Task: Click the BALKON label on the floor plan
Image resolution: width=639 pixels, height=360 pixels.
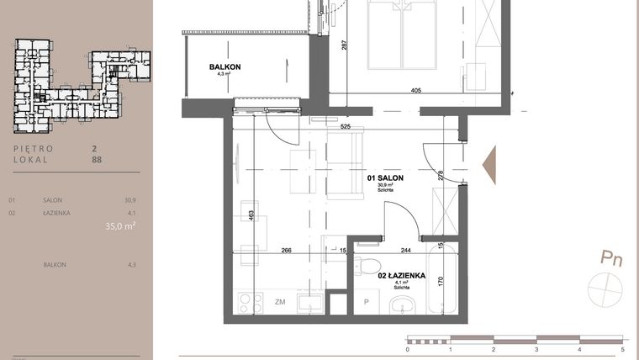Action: click(224, 66)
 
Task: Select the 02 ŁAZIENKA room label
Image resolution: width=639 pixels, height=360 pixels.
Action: click(402, 276)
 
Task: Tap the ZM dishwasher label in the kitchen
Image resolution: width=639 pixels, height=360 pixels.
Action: click(279, 300)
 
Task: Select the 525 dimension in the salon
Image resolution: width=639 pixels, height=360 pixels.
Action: click(345, 127)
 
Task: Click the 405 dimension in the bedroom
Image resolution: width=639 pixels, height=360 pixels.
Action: click(415, 91)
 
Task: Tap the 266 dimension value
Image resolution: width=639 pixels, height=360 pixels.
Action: click(287, 249)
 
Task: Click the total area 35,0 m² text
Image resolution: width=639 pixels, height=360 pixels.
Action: click(120, 225)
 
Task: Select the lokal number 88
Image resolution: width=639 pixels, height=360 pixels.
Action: click(96, 157)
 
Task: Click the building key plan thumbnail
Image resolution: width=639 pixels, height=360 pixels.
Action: click(82, 85)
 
